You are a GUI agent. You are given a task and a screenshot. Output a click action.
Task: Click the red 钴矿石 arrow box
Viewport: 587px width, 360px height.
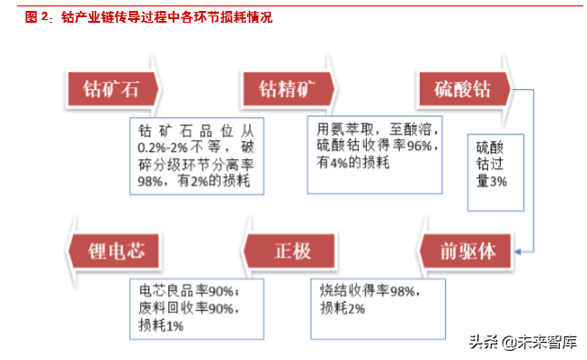point(111,89)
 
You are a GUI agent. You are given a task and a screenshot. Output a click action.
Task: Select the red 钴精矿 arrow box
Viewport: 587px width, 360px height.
point(287,89)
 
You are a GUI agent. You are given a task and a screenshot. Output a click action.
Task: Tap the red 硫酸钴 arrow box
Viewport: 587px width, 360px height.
point(463,89)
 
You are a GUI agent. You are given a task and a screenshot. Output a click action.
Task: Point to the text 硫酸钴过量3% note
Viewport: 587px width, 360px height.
point(489,164)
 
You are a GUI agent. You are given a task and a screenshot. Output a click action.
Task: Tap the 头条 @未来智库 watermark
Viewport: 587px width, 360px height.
point(522,341)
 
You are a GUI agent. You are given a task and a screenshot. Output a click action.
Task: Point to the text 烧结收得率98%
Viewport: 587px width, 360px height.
point(369,290)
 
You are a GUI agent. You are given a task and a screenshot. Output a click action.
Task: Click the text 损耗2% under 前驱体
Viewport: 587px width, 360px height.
point(343,308)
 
